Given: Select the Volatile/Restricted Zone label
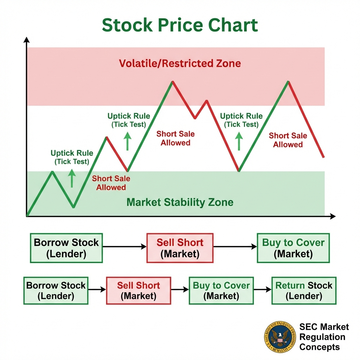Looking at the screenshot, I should click(x=180, y=63).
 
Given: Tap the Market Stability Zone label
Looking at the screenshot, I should click(x=180, y=202).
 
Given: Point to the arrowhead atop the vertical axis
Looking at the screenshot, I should click(x=26, y=39).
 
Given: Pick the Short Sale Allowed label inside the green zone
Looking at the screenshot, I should click(x=111, y=183).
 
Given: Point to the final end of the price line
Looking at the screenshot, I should click(x=323, y=157).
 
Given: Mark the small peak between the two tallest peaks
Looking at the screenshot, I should click(x=206, y=101).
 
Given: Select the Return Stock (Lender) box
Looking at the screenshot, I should click(x=304, y=290).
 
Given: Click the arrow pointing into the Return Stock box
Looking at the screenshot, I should click(x=262, y=290).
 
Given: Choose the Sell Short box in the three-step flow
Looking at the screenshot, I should click(x=180, y=248).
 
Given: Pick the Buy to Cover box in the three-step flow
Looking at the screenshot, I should click(x=293, y=248).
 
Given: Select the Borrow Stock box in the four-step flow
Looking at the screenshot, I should click(x=56, y=290).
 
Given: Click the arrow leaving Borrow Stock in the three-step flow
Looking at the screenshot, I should click(x=124, y=247).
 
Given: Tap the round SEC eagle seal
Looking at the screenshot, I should click(x=280, y=337).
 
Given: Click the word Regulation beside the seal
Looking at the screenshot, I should click(x=322, y=337).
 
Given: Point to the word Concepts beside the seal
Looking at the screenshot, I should click(x=320, y=347).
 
